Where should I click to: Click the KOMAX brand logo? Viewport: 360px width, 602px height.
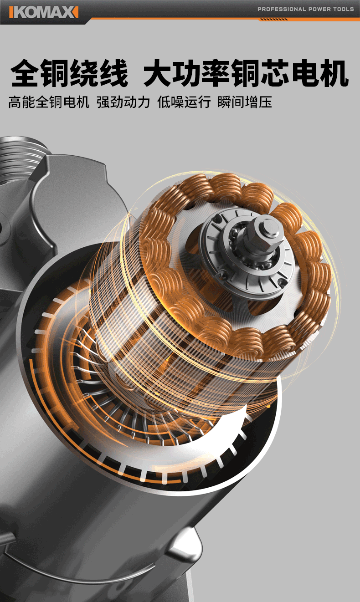coord(44,12)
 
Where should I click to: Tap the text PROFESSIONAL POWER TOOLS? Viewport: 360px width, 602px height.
coord(305,9)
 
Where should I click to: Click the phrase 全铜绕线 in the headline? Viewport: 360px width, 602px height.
coord(69,73)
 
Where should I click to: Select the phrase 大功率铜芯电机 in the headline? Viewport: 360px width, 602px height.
coord(246,73)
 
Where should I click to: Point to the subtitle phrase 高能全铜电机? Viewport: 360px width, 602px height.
coord(49,102)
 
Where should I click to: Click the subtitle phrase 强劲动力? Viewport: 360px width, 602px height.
coord(123,102)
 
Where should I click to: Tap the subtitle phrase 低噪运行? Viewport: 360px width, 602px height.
coord(184,102)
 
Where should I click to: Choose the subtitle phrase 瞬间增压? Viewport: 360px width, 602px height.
coord(245,102)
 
